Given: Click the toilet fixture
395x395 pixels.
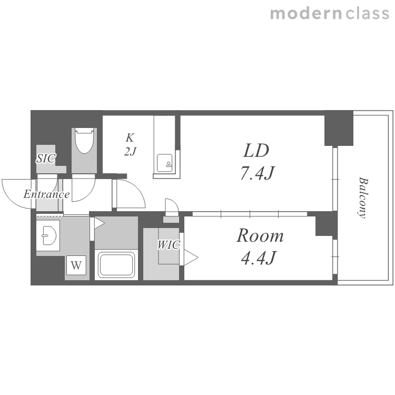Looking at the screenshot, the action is click(x=84, y=141).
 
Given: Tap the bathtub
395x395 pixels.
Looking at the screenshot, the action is click(x=116, y=264).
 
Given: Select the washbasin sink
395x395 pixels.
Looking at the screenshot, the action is click(x=49, y=235).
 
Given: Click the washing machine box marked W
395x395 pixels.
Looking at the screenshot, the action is click(x=76, y=265).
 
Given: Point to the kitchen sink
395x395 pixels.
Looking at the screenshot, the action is click(x=165, y=163).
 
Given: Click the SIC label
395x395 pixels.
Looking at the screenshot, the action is click(x=46, y=159).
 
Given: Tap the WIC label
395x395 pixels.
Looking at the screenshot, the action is click(x=169, y=245).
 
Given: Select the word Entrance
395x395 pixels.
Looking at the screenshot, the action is click(x=46, y=194).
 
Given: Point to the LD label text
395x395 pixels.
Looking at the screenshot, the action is click(x=256, y=151).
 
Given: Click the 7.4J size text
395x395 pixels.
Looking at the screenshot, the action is click(x=257, y=173).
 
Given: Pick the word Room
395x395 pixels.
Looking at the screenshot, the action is click(x=260, y=236).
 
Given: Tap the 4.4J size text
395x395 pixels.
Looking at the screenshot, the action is click(x=259, y=258).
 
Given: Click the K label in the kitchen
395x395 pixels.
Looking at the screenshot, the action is click(x=130, y=137).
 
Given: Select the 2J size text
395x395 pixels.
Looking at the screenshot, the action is click(x=130, y=151).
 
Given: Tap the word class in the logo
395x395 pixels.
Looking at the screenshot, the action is click(x=367, y=13).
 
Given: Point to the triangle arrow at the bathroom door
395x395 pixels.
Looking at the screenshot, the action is click(x=100, y=223).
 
